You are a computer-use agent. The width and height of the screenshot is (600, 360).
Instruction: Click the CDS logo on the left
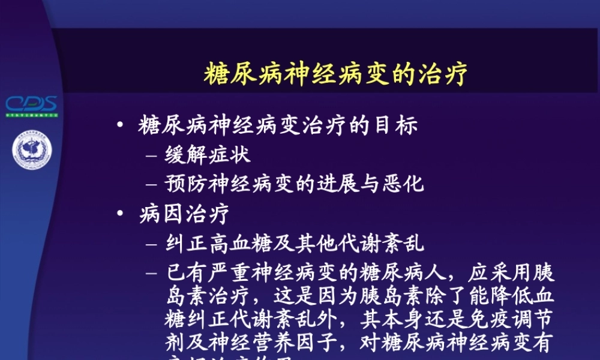coord(31,104)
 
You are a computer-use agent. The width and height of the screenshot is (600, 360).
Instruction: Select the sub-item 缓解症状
coord(208,155)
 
